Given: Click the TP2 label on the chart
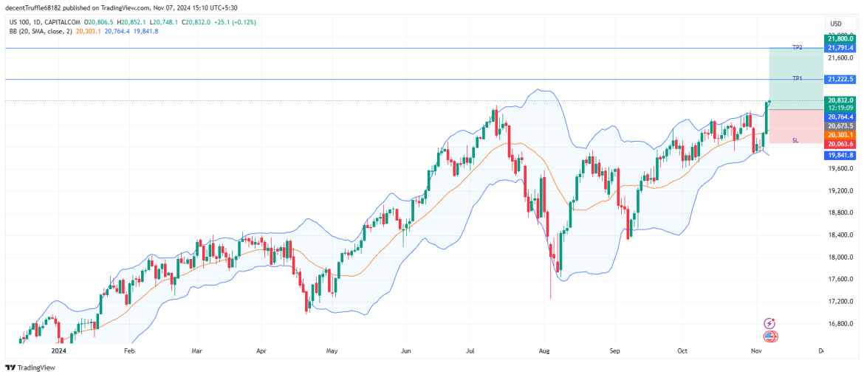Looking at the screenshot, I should pyautogui.click(x=797, y=47).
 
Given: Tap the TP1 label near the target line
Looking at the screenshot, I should pyautogui.click(x=797, y=78).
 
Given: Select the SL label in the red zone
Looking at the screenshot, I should pyautogui.click(x=795, y=139).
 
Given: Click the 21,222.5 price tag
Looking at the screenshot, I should pyautogui.click(x=840, y=79).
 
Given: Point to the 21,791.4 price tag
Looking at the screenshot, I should pyautogui.click(x=840, y=47).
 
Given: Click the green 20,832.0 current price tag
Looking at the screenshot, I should pyautogui.click(x=840, y=100).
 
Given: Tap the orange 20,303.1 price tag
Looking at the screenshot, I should pyautogui.click(x=840, y=135).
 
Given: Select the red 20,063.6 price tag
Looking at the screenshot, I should pyautogui.click(x=840, y=144).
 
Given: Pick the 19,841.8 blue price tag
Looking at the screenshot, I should pyautogui.click(x=840, y=156).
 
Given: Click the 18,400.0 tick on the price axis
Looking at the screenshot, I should pyautogui.click(x=840, y=235).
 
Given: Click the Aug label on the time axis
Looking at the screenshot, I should pyautogui.click(x=544, y=352).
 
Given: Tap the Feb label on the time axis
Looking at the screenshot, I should pyautogui.click(x=129, y=352).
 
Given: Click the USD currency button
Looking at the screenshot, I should pyautogui.click(x=836, y=24).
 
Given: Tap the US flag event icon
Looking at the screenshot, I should pyautogui.click(x=771, y=336).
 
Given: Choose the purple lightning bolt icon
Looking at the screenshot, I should pyautogui.click(x=770, y=323).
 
